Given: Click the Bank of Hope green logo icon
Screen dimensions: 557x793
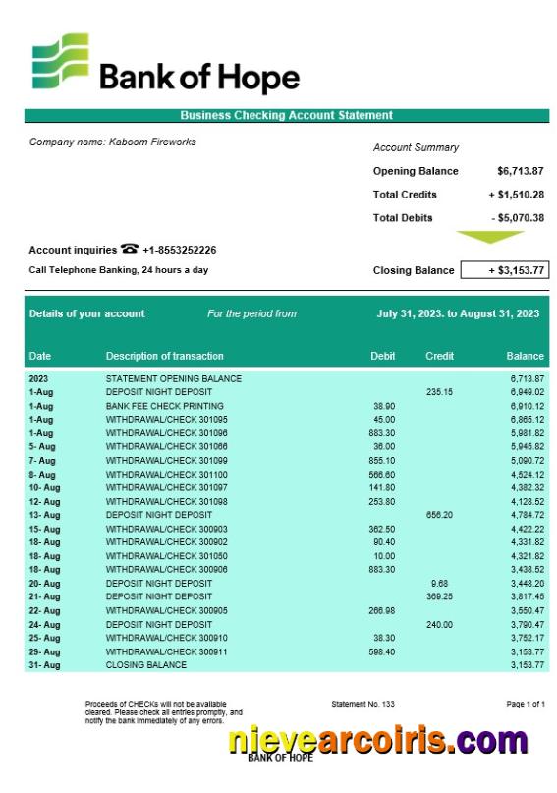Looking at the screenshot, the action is pyautogui.click(x=60, y=62).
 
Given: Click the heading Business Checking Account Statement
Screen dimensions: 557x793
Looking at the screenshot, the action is pyautogui.click(x=286, y=115).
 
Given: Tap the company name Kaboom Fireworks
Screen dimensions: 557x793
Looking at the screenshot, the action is pyautogui.click(x=112, y=142).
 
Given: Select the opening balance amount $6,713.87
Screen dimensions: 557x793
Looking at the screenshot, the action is pyautogui.click(x=520, y=171).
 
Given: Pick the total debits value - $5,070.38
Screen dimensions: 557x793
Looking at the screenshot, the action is pyautogui.click(x=517, y=218).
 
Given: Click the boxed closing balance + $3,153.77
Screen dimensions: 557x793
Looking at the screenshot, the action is pyautogui.click(x=504, y=270).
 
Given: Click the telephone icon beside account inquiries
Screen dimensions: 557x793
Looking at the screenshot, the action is pyautogui.click(x=130, y=250).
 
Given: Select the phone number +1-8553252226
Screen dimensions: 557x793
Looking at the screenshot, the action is pyautogui.click(x=180, y=251).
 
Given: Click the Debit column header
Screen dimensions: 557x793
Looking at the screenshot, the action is pyautogui.click(x=382, y=356).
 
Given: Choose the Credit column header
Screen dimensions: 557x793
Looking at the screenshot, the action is pyautogui.click(x=439, y=356).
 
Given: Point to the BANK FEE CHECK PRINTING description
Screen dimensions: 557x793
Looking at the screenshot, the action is pyautogui.click(x=164, y=406).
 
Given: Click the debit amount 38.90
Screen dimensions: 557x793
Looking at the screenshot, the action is pyautogui.click(x=384, y=406).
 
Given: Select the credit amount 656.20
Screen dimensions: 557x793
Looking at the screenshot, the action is pyautogui.click(x=439, y=515).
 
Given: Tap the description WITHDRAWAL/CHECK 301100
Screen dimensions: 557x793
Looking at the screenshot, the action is pyautogui.click(x=166, y=474).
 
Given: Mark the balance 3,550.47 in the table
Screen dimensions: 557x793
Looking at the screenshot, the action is pyautogui.click(x=527, y=610).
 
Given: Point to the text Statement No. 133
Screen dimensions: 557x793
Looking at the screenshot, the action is pyautogui.click(x=362, y=705).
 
